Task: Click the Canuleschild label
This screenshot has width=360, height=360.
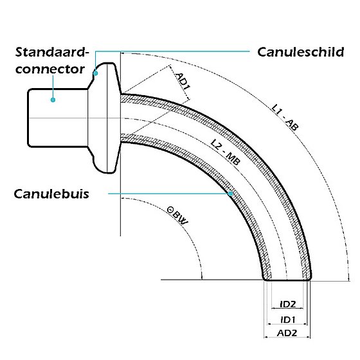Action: [301, 52]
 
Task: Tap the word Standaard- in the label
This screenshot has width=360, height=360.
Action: [52, 52]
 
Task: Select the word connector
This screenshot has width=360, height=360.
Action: [50, 69]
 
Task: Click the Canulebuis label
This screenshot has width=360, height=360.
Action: [51, 194]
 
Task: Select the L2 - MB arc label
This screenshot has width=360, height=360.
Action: [226, 152]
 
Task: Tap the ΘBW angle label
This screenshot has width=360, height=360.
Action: [177, 216]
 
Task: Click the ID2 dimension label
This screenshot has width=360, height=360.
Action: [288, 305]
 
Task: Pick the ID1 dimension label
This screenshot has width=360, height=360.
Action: [288, 319]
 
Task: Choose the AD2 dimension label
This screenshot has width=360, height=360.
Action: [287, 333]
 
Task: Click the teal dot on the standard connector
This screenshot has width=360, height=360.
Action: [53, 100]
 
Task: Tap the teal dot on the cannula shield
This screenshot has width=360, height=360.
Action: [96, 73]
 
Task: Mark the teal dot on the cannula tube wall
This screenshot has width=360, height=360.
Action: [231, 194]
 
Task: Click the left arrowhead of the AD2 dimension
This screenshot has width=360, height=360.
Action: [266, 337]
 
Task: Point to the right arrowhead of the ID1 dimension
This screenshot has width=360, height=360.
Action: [305, 324]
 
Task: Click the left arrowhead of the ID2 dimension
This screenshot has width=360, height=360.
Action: [273, 309]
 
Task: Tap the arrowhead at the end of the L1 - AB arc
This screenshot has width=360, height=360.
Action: [349, 278]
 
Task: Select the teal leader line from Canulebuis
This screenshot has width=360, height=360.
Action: [170, 194]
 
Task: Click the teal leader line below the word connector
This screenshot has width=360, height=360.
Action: [53, 87]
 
